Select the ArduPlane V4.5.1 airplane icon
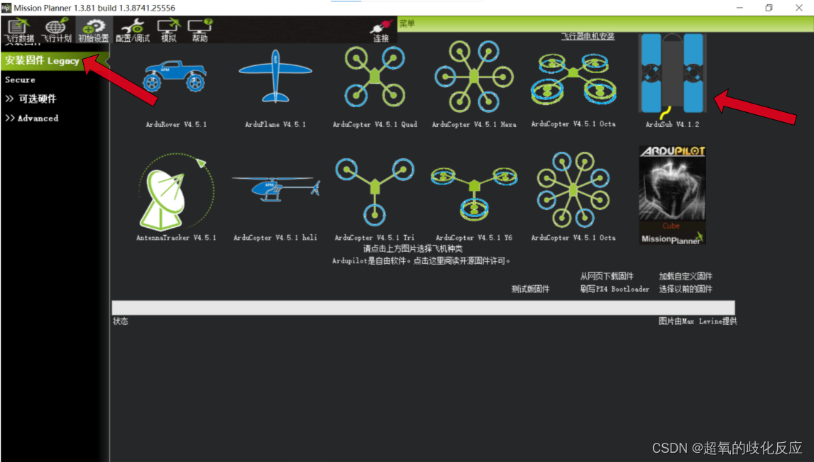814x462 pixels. pos(275,77)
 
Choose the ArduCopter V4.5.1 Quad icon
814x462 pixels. pos(375,75)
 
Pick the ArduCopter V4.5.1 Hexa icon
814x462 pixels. pos(474,75)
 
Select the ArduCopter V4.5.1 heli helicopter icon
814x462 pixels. pos(275,189)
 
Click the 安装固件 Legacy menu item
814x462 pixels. pos(43,60)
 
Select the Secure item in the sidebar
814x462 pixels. pos(20,80)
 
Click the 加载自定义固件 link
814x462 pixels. pos(686,276)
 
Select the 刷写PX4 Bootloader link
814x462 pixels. pos(615,289)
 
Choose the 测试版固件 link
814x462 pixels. pos(531,289)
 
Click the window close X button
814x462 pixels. pos(799,8)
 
